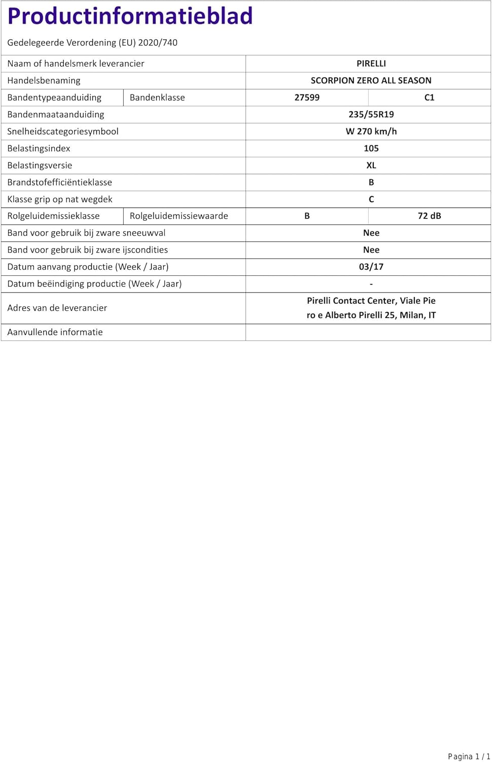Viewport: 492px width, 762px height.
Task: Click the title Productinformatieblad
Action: coord(130,16)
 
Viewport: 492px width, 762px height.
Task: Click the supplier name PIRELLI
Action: coord(371,63)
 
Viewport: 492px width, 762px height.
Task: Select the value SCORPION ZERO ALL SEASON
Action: coord(371,80)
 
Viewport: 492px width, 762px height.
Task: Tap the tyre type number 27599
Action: coord(307,98)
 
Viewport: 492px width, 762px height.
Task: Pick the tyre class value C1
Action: coord(429,98)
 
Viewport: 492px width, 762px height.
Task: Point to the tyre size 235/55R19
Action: coord(371,114)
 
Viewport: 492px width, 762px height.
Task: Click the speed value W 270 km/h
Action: coord(371,131)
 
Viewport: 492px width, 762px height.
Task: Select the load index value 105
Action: coord(371,148)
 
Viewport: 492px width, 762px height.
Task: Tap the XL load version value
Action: coord(371,165)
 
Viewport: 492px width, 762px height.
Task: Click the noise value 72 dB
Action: coord(429,216)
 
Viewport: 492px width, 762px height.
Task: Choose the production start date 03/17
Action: coord(371,267)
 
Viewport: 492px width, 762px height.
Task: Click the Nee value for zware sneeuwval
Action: coord(371,233)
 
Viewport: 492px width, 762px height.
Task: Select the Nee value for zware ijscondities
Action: coord(371,250)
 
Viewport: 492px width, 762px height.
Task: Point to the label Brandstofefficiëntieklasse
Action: coord(59,182)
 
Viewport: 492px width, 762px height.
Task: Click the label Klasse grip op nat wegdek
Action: coord(60,199)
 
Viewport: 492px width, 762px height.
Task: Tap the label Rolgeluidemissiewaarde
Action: coord(179,216)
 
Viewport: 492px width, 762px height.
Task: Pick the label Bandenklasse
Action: coord(157,98)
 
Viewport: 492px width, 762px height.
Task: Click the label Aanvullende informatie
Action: coord(55,332)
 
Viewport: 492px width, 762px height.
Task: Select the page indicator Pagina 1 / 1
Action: coord(469,756)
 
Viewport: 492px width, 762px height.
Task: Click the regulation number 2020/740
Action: coord(158,43)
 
